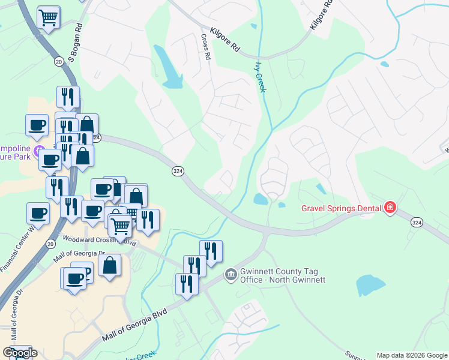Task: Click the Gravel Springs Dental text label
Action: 341,209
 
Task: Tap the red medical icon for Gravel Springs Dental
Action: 391,208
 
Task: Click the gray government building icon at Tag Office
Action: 231,275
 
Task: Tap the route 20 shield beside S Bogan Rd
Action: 58,61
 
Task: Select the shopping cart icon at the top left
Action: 49,17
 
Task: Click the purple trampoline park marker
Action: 40,149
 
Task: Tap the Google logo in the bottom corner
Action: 19,353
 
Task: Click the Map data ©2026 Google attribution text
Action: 412,355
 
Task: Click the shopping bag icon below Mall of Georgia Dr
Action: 110,265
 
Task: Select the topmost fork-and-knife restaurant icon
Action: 68,97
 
